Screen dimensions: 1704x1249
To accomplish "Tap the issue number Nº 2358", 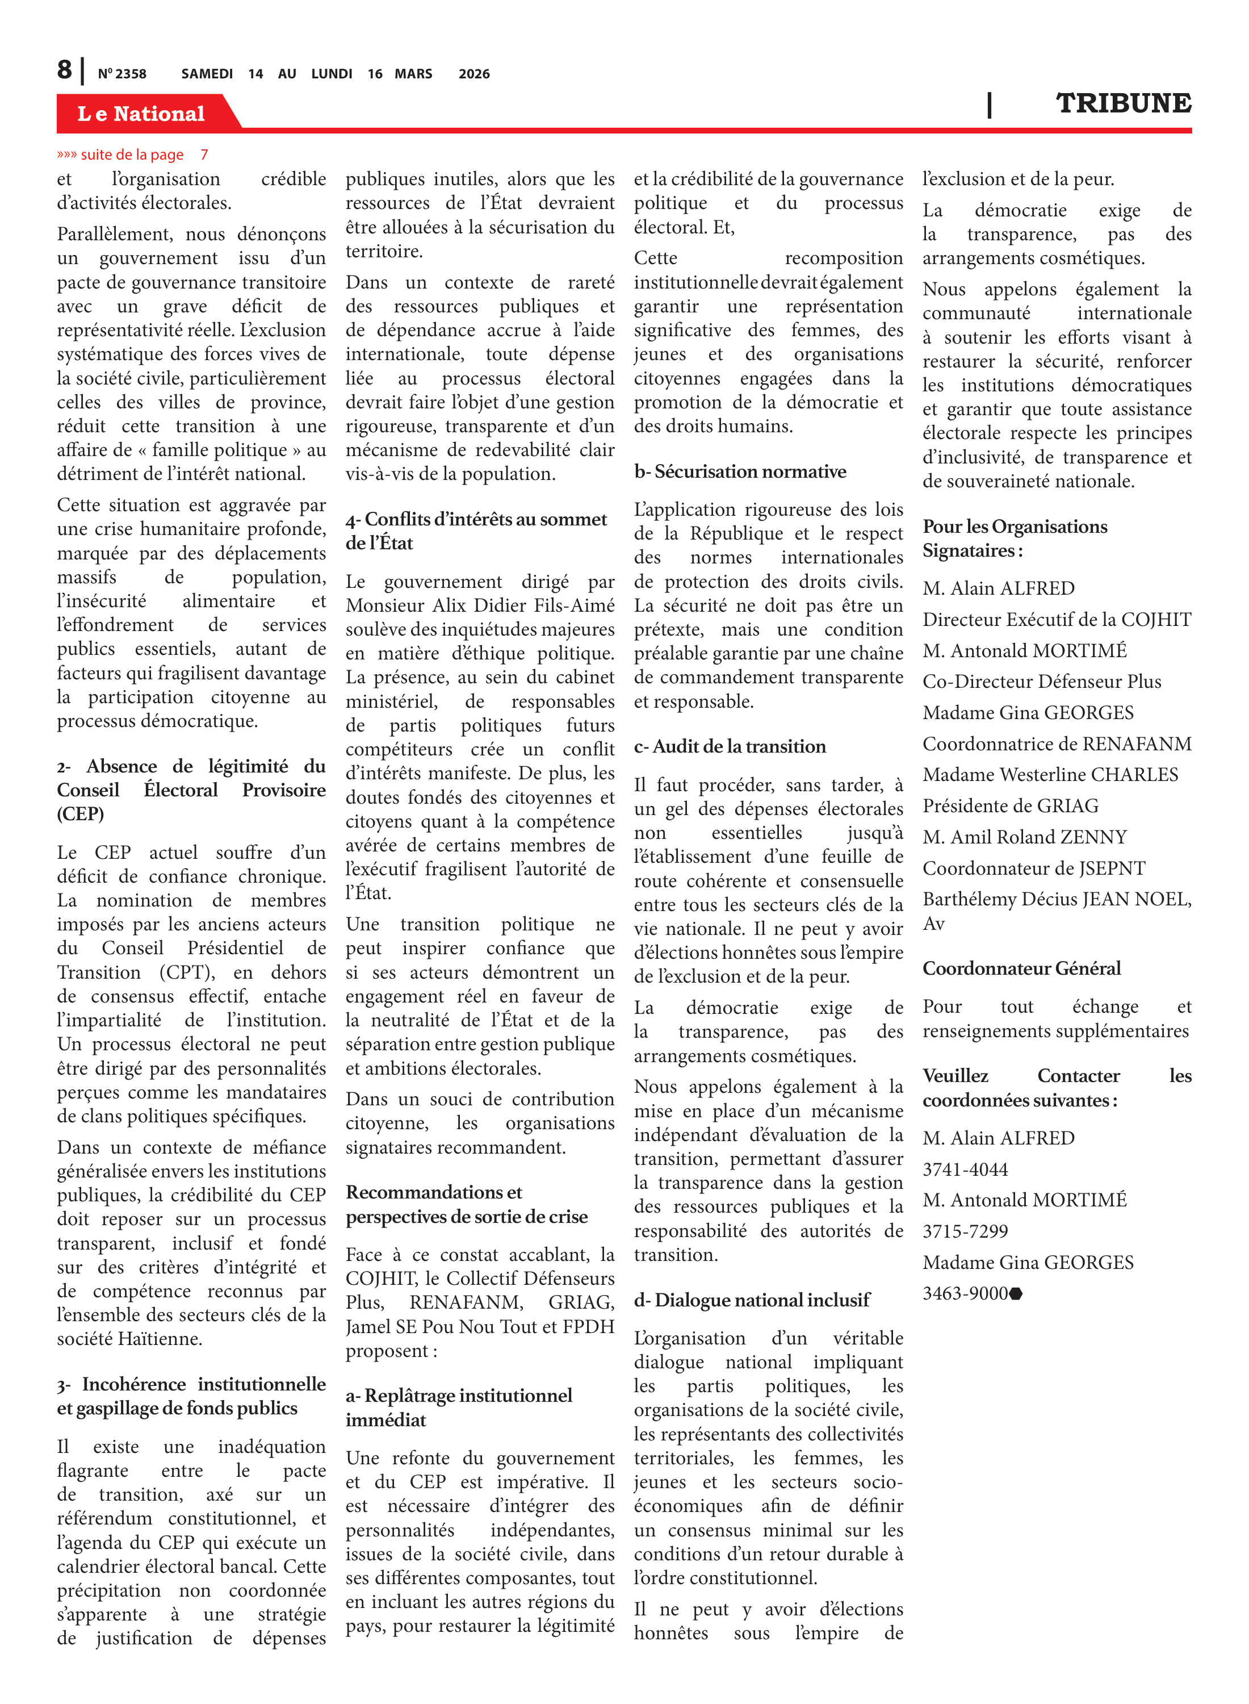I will [121, 74].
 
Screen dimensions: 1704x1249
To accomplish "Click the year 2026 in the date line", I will [474, 74].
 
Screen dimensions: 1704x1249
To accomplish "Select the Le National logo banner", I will [141, 114].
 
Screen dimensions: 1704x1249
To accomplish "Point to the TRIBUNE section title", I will [1123, 103].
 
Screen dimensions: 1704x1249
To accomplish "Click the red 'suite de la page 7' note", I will [132, 155].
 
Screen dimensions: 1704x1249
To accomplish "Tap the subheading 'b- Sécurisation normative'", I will [740, 472].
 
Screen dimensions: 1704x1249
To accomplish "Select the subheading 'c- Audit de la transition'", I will [730, 746].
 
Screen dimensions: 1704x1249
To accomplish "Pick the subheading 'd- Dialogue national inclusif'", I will [752, 1300].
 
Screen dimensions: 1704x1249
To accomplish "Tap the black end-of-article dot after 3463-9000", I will [1016, 1294].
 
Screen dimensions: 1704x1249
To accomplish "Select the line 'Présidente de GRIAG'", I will [1010, 806].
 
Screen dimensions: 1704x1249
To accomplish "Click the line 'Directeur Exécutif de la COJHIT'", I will [1056, 620].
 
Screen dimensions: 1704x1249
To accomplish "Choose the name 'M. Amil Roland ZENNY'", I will [1024, 837].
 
